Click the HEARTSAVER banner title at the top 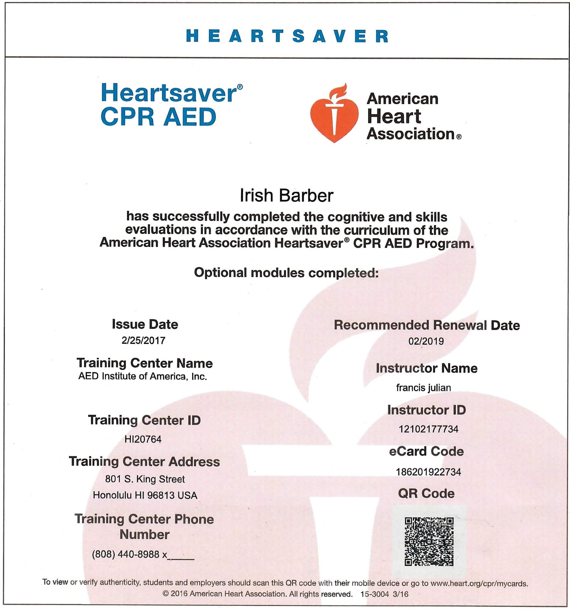coord(287,36)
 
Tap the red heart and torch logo coord(334,113)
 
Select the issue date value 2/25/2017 coord(143,340)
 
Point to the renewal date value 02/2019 coord(426,341)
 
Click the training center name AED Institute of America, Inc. coord(143,376)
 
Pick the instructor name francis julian coord(423,388)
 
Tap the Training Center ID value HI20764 coord(143,439)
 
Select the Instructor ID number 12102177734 coord(428,429)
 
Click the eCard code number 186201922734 coord(428,472)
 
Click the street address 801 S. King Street coord(145,479)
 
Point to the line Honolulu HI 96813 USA coord(145,495)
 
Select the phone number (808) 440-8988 coord(126,554)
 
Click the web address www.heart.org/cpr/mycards coord(479,583)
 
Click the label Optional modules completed coord(286,273)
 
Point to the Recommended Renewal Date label coord(426,325)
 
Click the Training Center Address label coord(144,462)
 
